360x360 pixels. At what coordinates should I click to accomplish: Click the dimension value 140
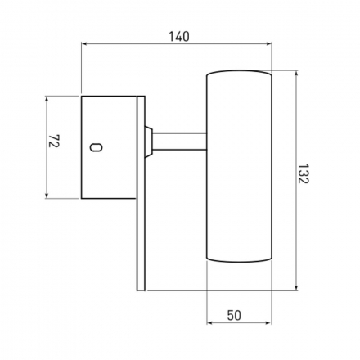pos(179,37)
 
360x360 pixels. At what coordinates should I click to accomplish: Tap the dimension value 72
pos(54,141)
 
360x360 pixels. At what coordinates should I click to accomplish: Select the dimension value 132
pos(303,173)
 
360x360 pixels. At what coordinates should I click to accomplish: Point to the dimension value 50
pos(234,316)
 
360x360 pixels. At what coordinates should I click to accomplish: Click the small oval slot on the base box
pos(96,147)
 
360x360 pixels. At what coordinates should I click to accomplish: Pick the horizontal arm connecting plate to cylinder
pos(179,142)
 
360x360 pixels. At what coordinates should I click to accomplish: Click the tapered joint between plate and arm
pos(149,142)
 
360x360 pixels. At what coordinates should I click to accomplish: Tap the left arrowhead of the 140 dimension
pos(84,43)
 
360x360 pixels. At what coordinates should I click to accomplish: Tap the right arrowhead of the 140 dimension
pos(269,43)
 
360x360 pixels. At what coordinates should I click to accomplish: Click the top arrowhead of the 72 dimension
pos(47,99)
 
